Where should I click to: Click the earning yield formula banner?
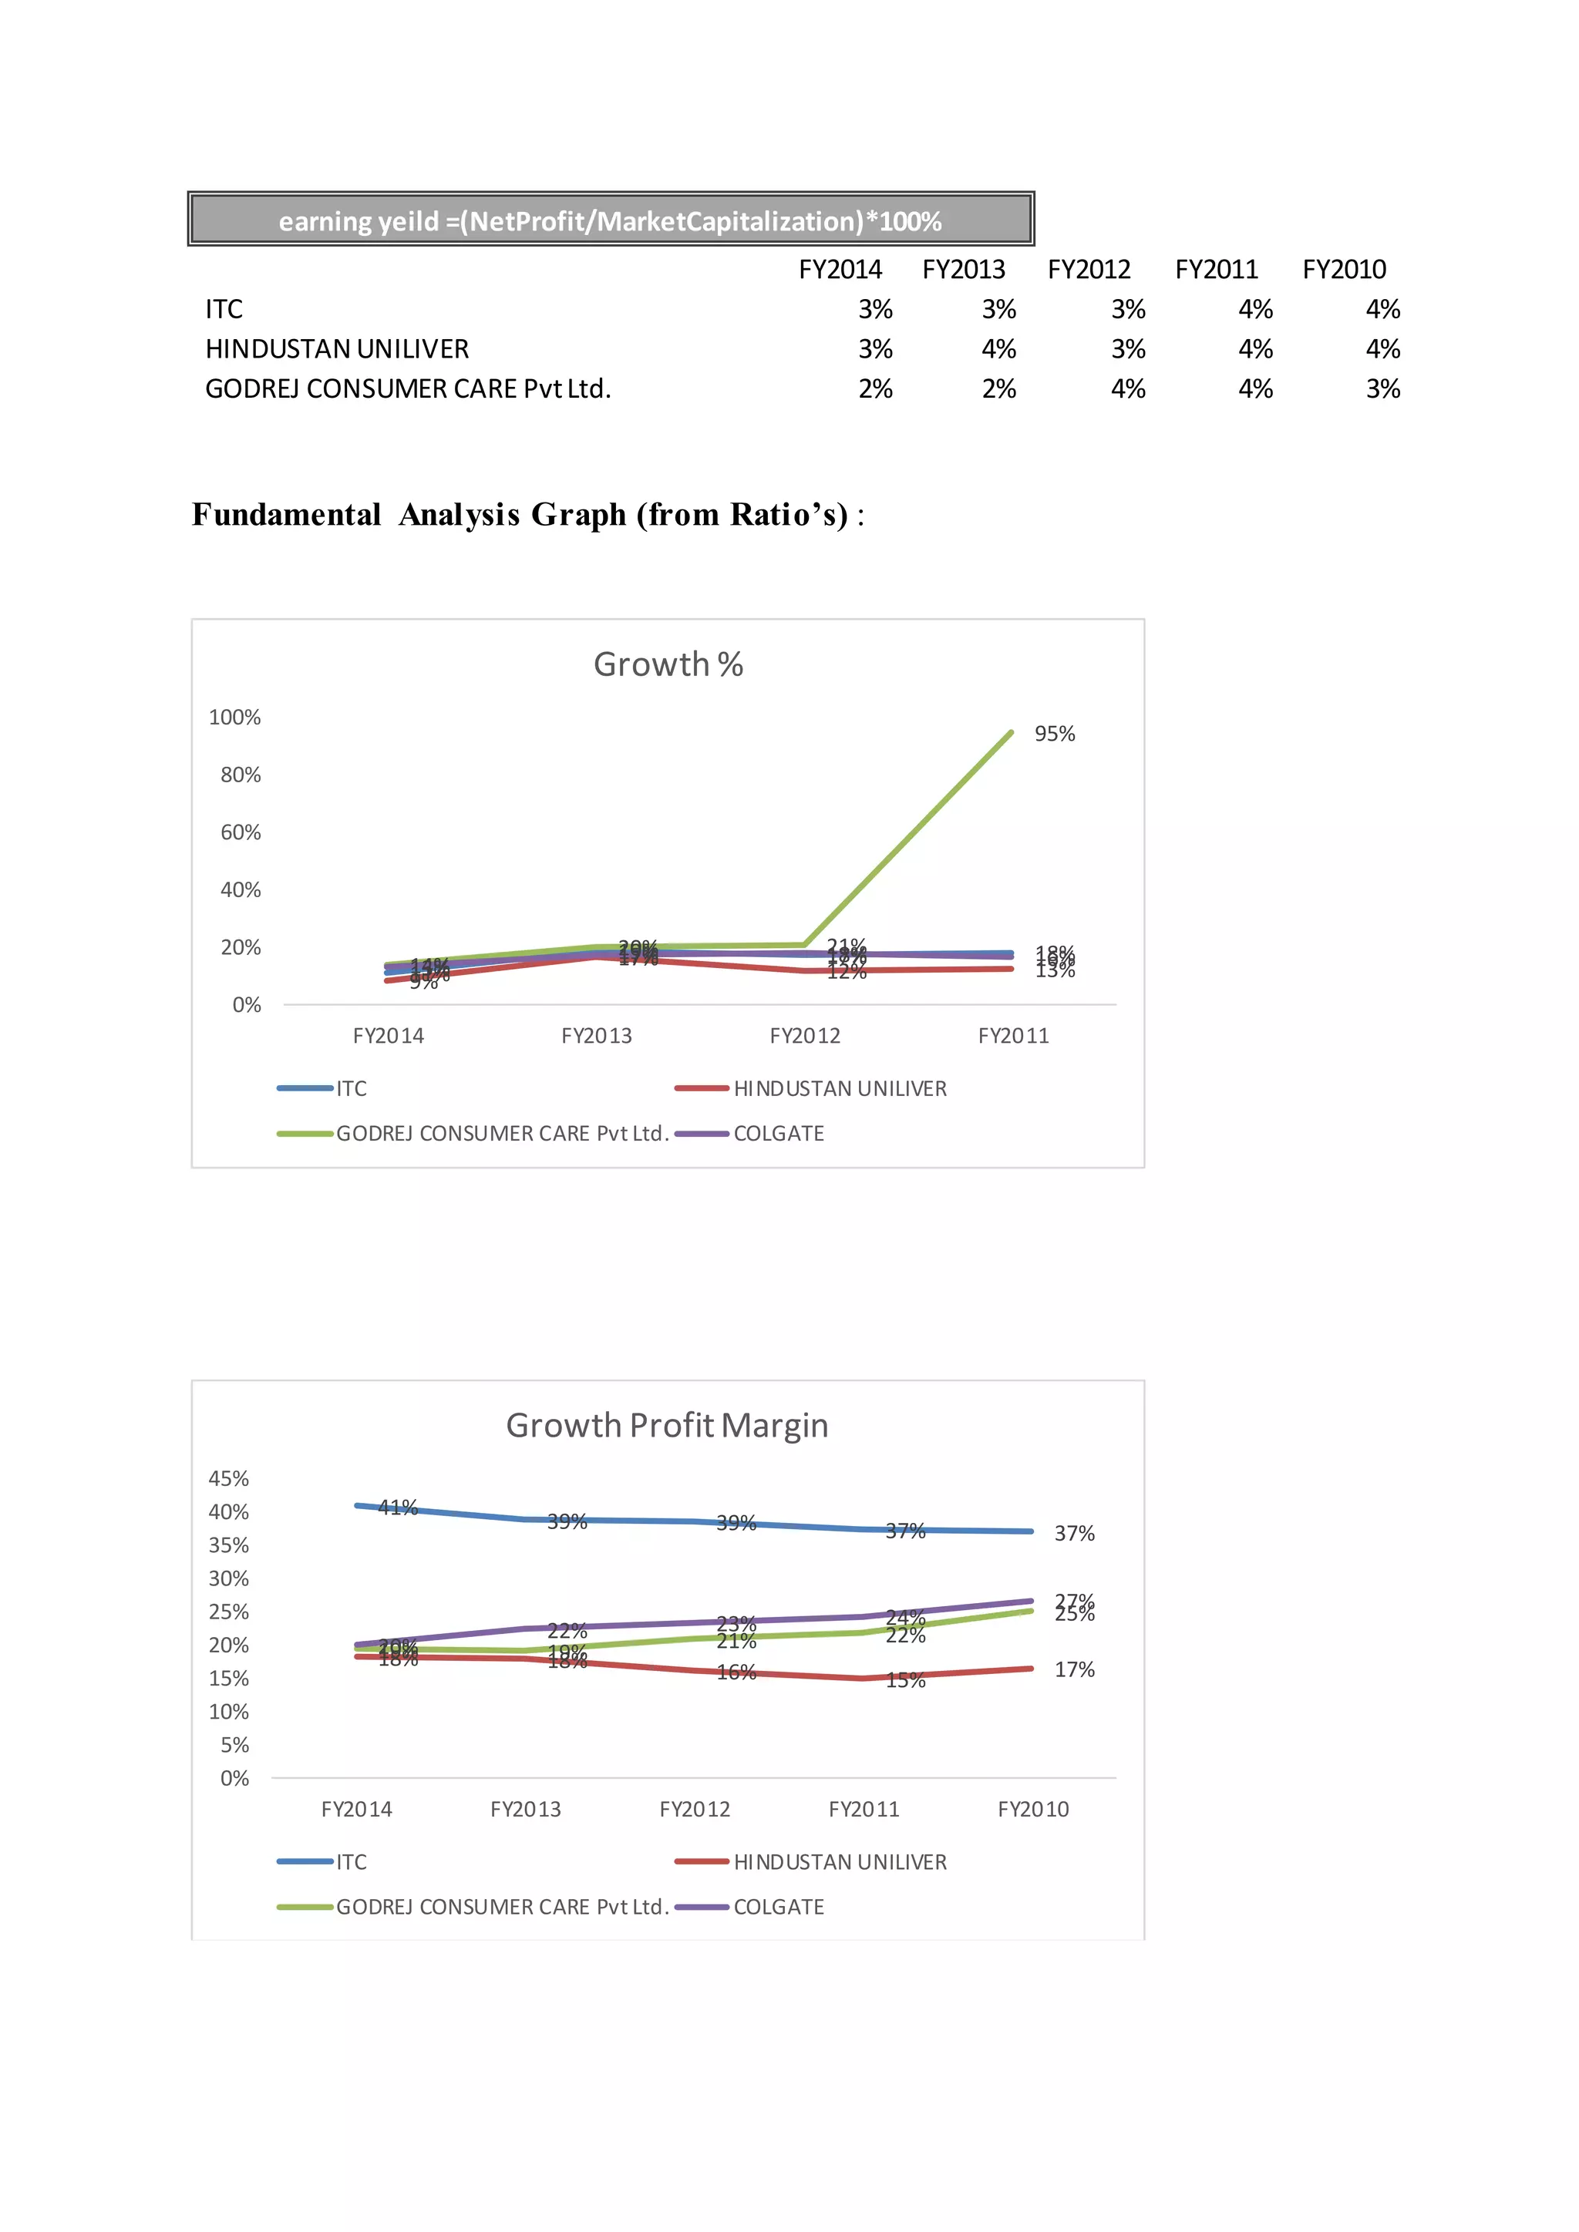pyautogui.click(x=611, y=220)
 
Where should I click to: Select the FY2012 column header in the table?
pyautogui.click(x=1089, y=269)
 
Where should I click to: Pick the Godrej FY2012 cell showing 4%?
pyautogui.click(x=1128, y=389)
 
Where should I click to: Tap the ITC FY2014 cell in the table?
pyautogui.click(x=875, y=309)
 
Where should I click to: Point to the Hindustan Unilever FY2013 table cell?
pyautogui.click(x=998, y=349)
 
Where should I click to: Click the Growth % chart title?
pyautogui.click(x=668, y=664)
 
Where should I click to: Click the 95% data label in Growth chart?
pyautogui.click(x=1055, y=734)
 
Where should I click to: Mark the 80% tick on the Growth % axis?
pyautogui.click(x=240, y=775)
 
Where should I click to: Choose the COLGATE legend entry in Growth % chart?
pyautogui.click(x=778, y=1134)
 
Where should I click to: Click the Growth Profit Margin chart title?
pyautogui.click(x=667, y=1425)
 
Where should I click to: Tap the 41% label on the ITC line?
pyautogui.click(x=398, y=1508)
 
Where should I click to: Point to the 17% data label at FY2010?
pyautogui.click(x=1074, y=1670)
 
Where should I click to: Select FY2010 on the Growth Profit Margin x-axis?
pyautogui.click(x=1032, y=1809)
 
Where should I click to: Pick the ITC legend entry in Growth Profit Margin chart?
pyautogui.click(x=351, y=1861)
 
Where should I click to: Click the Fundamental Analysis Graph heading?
pyautogui.click(x=527, y=514)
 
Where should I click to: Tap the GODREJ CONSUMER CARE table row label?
pyautogui.click(x=407, y=389)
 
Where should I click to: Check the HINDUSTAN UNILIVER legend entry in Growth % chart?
pyautogui.click(x=839, y=1089)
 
